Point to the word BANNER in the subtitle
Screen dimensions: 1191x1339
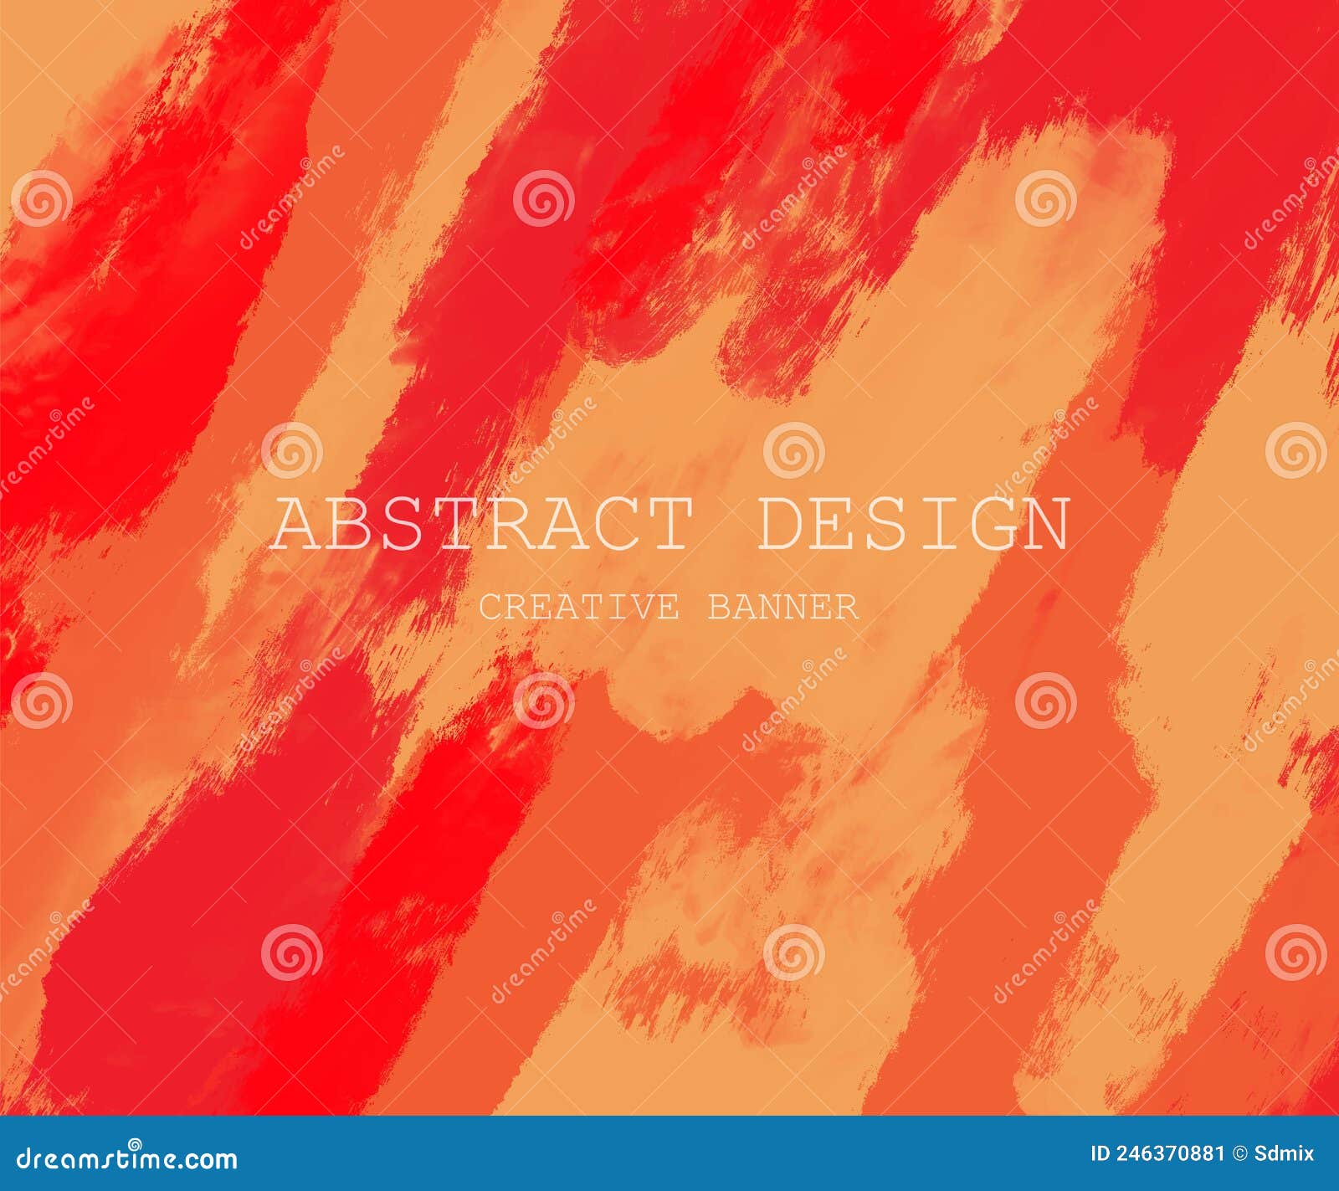coord(783,608)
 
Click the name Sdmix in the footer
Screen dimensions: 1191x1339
coord(1284,1153)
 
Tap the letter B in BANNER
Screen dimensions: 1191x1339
coord(721,608)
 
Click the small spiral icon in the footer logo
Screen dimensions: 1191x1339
coord(134,1144)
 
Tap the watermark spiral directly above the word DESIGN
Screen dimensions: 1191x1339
coord(793,450)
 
